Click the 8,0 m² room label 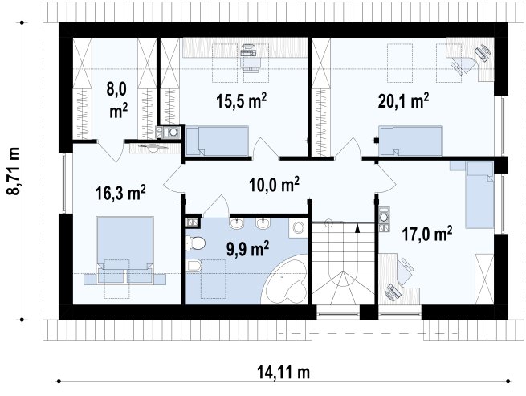(116, 100)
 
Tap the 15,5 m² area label (242, 100)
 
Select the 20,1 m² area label (404, 100)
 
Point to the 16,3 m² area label (120, 192)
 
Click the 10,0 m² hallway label (274, 184)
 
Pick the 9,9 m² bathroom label (247, 249)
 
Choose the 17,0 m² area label (427, 234)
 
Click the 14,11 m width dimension (283, 372)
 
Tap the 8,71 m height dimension (14, 171)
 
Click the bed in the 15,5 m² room (217, 141)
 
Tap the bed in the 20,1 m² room (410, 141)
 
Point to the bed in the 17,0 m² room (479, 194)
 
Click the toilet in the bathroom (195, 243)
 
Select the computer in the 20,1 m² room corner (483, 52)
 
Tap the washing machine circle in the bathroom (298, 228)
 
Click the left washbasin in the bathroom (238, 223)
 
